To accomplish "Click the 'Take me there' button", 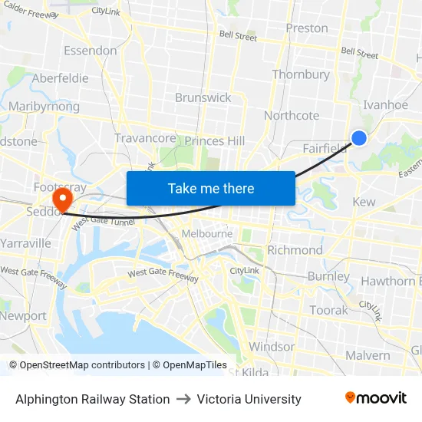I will [x=211, y=188].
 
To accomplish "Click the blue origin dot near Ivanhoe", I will [x=358, y=138].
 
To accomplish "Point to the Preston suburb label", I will [x=306, y=28].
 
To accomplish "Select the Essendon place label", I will [x=90, y=51].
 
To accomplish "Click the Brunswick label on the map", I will [x=203, y=97].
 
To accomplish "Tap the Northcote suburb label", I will [x=291, y=116].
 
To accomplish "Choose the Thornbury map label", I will [x=301, y=75].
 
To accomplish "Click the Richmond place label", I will [x=295, y=250].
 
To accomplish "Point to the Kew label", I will [x=364, y=202].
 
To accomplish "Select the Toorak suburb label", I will [x=328, y=310].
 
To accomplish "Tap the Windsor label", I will [x=272, y=347].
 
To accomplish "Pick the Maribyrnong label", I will [x=44, y=107].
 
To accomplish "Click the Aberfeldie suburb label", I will [x=60, y=78].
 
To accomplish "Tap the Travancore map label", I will [x=144, y=138].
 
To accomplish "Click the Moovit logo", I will [x=376, y=398].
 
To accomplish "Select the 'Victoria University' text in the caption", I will [x=249, y=399].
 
